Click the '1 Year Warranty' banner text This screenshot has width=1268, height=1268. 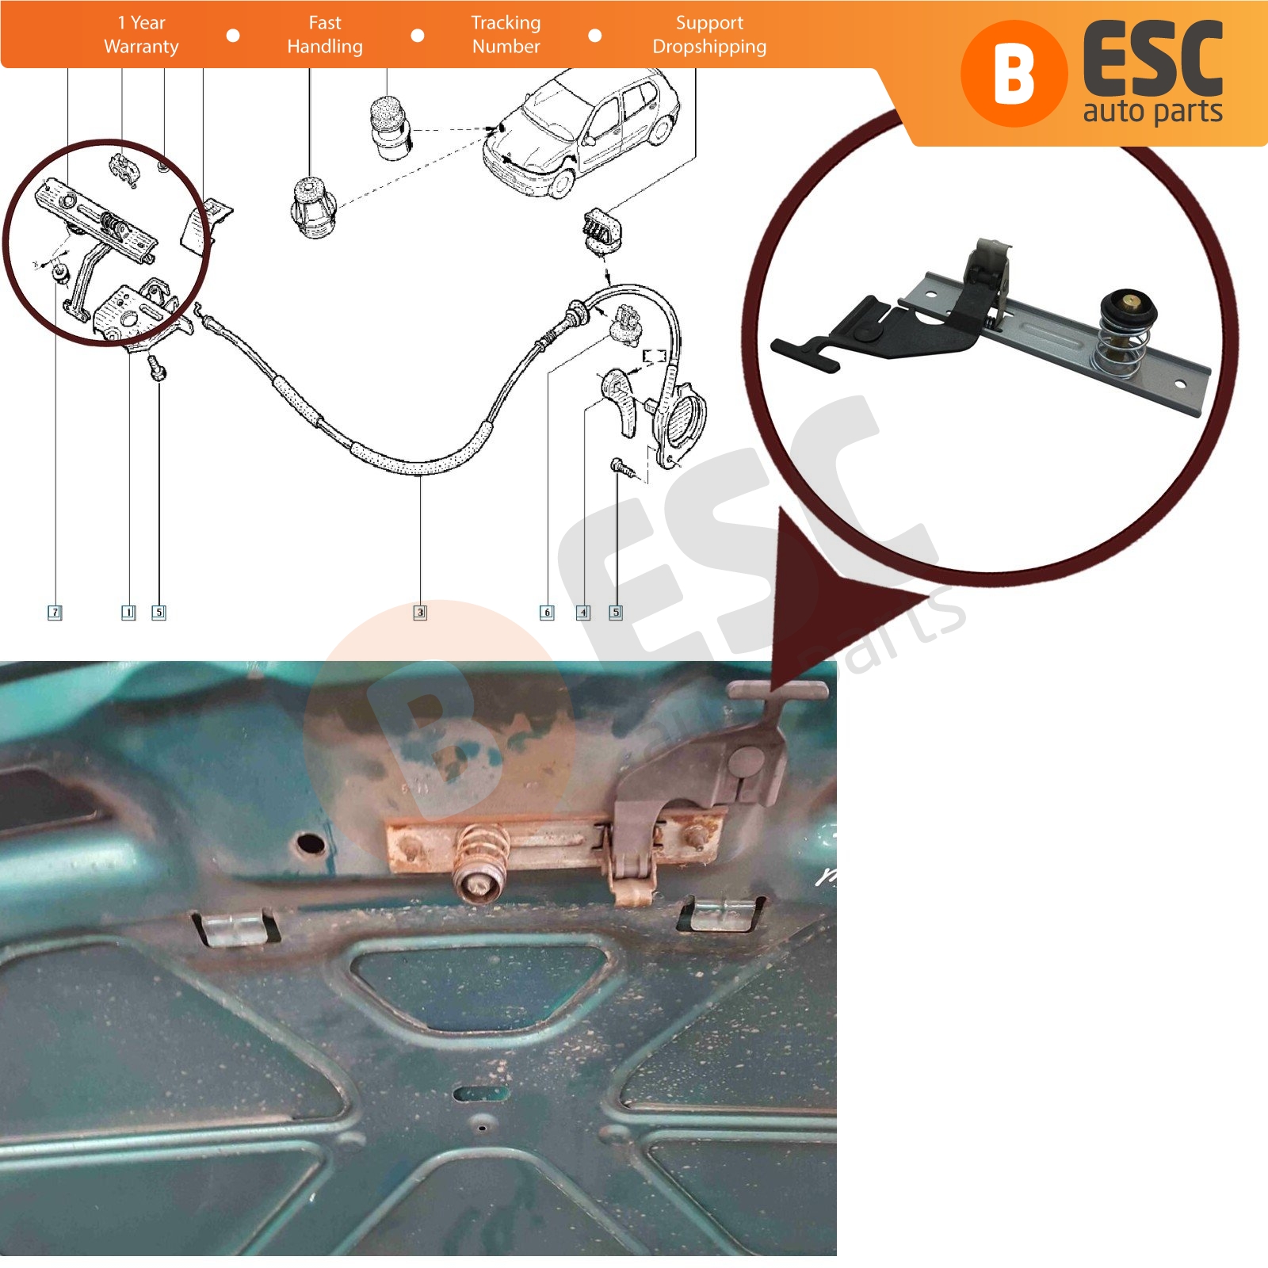(141, 35)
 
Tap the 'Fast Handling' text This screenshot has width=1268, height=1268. (325, 35)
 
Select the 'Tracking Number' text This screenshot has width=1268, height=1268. (506, 35)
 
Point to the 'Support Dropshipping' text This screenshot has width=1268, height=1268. (709, 35)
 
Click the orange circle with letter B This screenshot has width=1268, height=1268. (1012, 74)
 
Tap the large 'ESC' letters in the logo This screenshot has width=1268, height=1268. (1153, 60)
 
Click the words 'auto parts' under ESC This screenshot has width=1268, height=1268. (1153, 112)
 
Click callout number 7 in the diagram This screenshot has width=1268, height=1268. (55, 612)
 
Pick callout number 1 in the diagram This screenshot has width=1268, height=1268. (128, 612)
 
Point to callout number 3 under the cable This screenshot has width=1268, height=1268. (420, 612)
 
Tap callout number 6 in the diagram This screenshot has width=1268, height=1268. (547, 612)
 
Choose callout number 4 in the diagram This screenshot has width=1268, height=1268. (583, 612)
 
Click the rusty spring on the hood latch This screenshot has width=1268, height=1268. (481, 856)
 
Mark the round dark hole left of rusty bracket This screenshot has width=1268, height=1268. (311, 842)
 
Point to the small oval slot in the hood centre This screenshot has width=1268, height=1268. (482, 1094)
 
